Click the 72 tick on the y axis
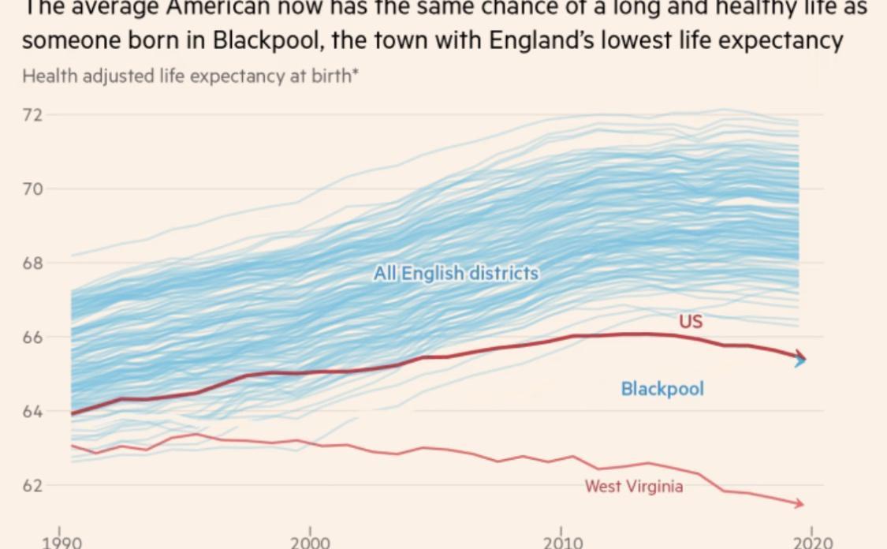click(x=33, y=115)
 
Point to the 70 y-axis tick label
click(x=33, y=189)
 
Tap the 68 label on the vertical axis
click(x=33, y=263)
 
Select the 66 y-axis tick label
click(x=33, y=337)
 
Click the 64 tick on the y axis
click(x=33, y=411)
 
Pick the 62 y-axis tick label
click(x=33, y=485)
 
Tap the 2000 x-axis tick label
click(x=310, y=542)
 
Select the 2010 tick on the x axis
click(x=562, y=542)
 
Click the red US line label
click(x=690, y=321)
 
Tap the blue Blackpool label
click(x=662, y=389)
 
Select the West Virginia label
click(x=633, y=486)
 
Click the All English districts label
click(x=457, y=274)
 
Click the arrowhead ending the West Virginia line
click(x=799, y=503)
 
